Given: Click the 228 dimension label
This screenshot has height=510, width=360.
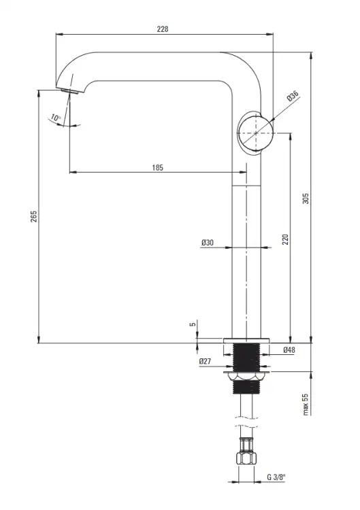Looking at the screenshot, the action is coord(163,29).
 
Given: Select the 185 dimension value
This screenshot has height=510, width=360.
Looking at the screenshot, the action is coord(157,168).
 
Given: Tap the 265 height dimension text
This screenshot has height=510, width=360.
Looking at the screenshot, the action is coord(34,216).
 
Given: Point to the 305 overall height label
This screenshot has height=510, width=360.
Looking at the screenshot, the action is coord(306,199).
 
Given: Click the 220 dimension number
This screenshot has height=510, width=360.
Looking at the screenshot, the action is coord(285,239).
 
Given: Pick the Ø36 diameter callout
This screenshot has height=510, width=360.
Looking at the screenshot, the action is coord(293,97).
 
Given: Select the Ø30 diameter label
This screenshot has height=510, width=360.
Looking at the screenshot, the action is coord(208,242).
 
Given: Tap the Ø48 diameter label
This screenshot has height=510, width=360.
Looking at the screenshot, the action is coord(289,350).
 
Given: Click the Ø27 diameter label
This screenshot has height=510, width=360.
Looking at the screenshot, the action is coord(205,361).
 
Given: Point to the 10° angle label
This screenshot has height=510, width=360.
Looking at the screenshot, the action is coord(56,118).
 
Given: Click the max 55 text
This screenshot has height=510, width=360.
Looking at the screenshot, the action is coord(306,405).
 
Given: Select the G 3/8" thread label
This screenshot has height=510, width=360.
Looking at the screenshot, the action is coord(276,477).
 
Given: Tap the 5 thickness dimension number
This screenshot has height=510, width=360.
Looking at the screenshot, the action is coord(193,324).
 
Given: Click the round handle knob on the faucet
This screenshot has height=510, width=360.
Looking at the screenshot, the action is coord(255,133).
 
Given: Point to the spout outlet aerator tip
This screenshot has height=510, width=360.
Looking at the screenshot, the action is coord(69,90).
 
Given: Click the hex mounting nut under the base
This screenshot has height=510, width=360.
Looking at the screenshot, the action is coord(247,377).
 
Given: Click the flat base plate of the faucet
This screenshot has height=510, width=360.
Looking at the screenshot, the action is coord(246,341).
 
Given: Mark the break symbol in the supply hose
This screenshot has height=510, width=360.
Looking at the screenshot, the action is coord(246,421).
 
